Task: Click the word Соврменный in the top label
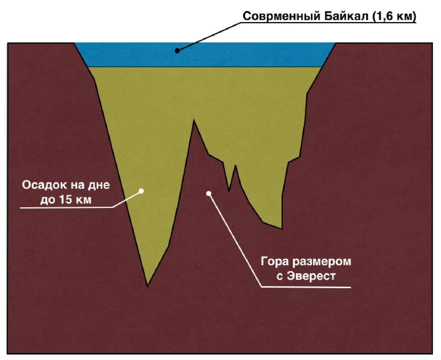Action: click(x=281, y=17)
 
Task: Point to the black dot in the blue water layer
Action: click(x=177, y=50)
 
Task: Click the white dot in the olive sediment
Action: click(x=141, y=190)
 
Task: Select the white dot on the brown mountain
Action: click(x=209, y=194)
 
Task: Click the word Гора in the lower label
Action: click(x=275, y=262)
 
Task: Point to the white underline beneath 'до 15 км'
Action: click(x=65, y=207)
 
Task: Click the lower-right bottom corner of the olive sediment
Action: click(x=282, y=229)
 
